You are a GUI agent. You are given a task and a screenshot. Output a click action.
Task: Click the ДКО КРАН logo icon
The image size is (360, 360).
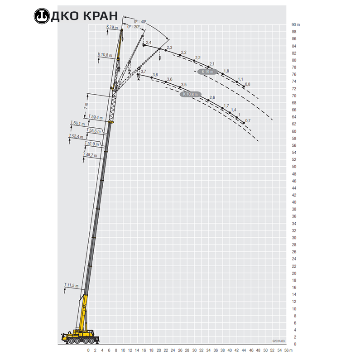coord(42,16)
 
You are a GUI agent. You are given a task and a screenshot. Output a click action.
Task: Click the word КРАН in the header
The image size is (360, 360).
coord(101,16)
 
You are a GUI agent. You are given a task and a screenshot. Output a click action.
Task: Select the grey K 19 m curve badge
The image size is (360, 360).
coord(207,72)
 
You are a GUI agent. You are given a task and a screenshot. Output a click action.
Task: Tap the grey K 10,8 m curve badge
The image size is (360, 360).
coord(190,94)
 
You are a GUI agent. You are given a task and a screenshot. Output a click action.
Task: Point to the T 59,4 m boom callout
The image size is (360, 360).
coord(96,117)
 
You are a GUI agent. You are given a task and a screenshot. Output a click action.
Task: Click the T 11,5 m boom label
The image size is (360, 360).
coord(71,285)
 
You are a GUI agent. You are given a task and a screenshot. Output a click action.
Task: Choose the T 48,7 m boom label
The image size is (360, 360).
coord(90,155)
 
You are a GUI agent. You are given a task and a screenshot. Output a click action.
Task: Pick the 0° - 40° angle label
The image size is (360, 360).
coord(140,22)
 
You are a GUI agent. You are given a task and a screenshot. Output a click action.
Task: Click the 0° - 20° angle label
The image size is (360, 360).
coord(134,27)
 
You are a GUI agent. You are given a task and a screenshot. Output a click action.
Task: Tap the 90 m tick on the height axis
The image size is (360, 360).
coord(296,24)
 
